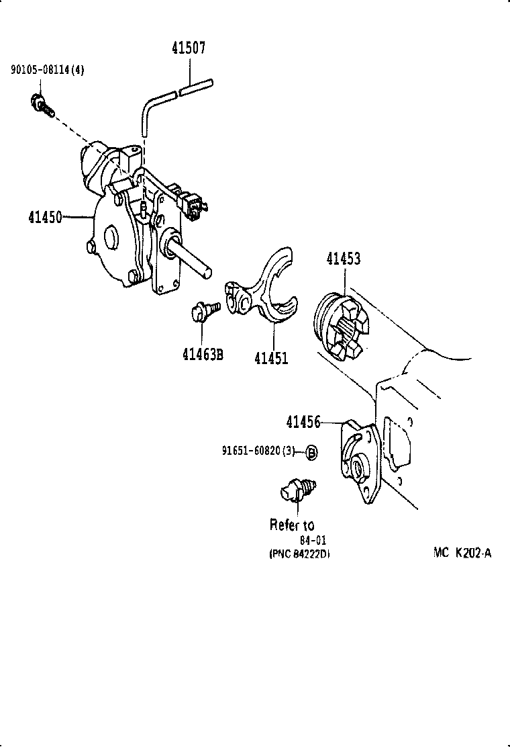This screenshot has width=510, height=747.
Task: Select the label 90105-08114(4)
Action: point(47,69)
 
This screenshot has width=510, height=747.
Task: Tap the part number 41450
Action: point(44,217)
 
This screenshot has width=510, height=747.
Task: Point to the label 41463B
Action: point(202,353)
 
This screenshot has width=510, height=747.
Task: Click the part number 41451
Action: point(270,357)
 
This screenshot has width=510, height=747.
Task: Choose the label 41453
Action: point(343,259)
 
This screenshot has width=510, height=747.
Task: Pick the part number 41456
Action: point(303,422)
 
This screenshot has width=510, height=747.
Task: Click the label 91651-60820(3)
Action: point(258,451)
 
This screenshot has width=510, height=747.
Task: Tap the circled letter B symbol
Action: point(311,452)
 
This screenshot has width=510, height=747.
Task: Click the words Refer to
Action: point(292,524)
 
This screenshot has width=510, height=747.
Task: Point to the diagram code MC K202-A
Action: point(462,554)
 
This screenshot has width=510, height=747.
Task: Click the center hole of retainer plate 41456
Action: point(356,465)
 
